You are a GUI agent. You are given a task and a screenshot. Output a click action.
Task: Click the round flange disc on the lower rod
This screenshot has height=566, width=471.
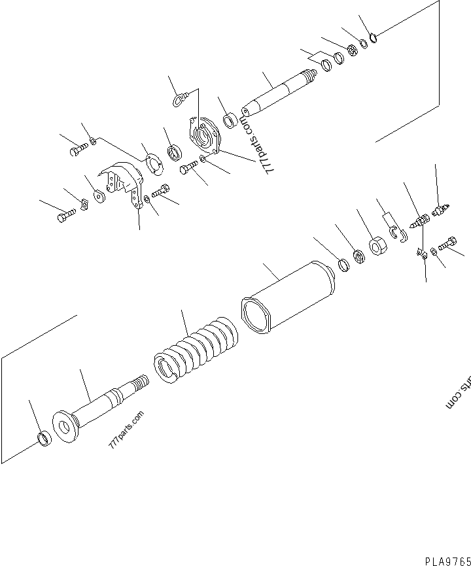(x=65, y=429)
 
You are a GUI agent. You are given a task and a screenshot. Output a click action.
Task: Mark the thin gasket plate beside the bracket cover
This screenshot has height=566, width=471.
(x=154, y=163)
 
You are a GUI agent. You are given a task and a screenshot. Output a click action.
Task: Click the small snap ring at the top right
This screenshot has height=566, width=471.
(x=374, y=37)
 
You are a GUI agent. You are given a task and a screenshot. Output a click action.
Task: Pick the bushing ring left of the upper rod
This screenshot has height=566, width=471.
(x=230, y=122)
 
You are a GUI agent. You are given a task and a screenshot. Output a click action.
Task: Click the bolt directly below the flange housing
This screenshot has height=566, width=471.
(x=188, y=170)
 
